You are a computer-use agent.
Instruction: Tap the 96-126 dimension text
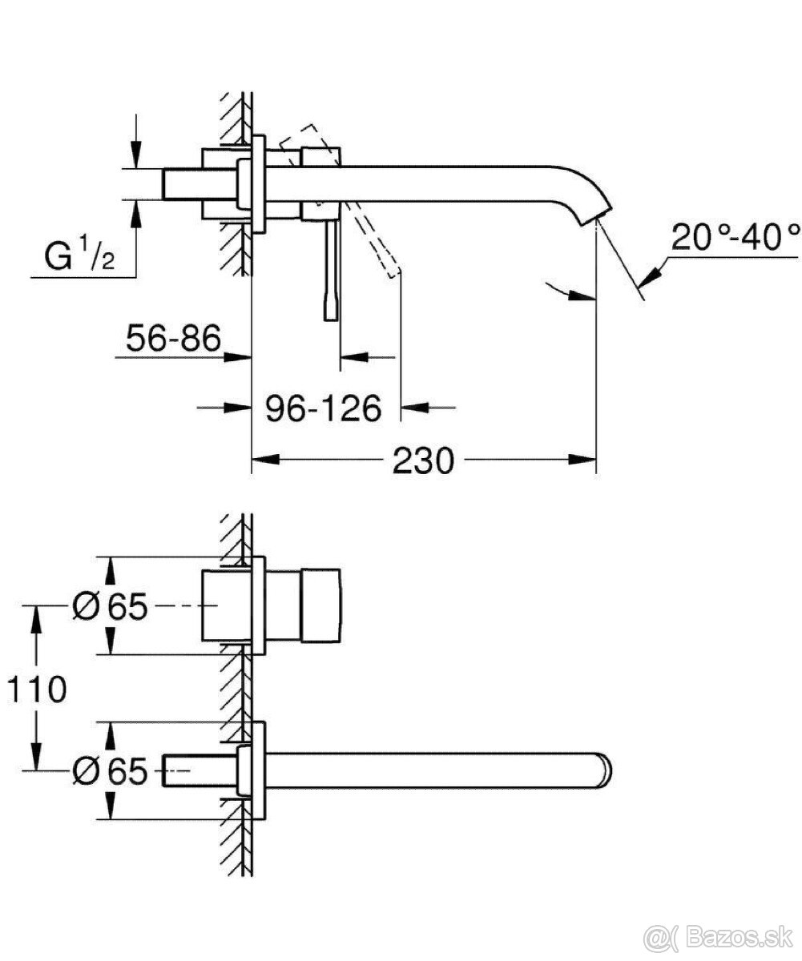(x=323, y=408)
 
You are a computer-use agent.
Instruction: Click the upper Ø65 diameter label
(x=110, y=607)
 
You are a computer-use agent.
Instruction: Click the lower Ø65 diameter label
(x=110, y=770)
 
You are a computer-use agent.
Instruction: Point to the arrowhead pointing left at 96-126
(x=415, y=408)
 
